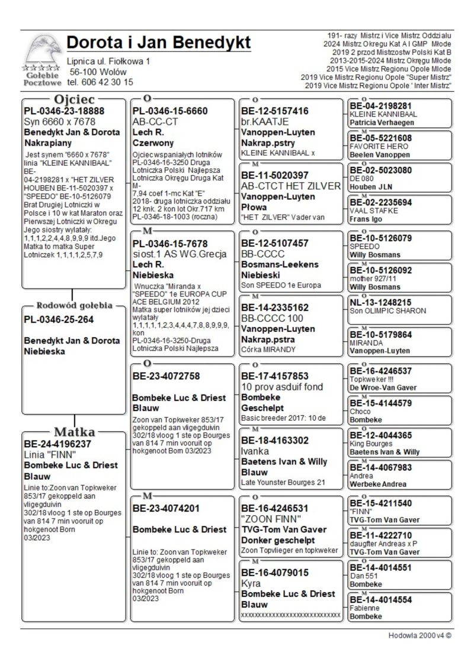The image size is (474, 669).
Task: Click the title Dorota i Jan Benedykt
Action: pos(159,43)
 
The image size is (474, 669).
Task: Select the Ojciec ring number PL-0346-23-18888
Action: pos(64,111)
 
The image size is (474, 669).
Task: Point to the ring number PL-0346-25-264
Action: pos(59,320)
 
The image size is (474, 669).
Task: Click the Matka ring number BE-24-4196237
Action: pos(65,443)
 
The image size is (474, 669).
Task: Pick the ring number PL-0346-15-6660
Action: pos(170,111)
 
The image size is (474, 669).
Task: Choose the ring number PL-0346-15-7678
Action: pos(170,243)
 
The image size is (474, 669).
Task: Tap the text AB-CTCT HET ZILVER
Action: pos(291,186)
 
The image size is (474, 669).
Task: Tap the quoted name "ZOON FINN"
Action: pos(265,519)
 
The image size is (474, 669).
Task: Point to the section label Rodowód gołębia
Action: pos(74,306)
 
